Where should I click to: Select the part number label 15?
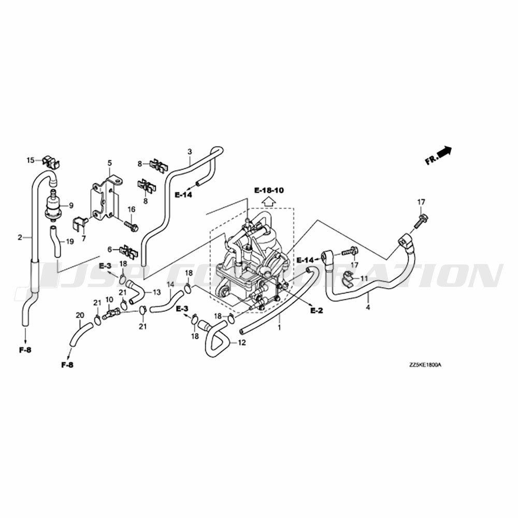point(31,160)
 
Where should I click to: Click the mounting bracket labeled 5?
point(106,200)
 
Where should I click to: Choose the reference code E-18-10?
point(269,191)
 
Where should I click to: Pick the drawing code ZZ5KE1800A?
point(425,365)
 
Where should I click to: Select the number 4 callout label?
point(368,308)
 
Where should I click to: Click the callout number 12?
point(241,343)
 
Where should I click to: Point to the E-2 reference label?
point(316,310)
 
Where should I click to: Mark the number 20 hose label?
point(79,315)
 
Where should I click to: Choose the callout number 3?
point(190,152)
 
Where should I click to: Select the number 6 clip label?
point(110,249)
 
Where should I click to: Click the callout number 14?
point(170,284)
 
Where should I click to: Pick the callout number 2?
point(20,238)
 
